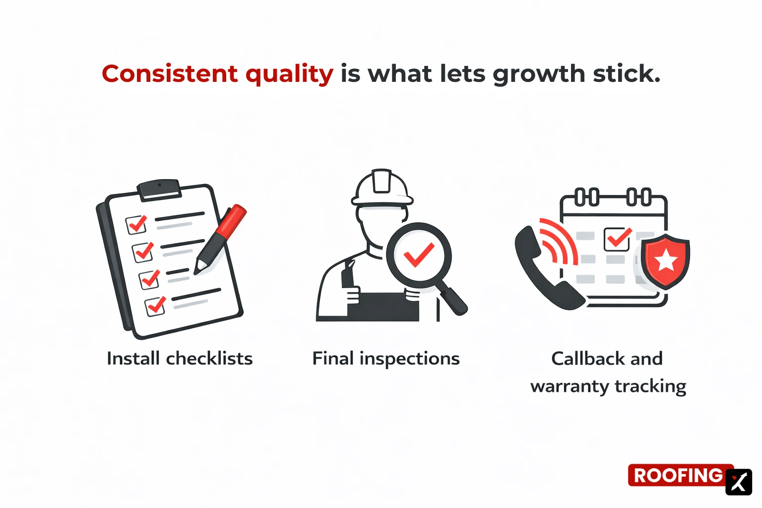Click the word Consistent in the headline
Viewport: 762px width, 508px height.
[x=170, y=74]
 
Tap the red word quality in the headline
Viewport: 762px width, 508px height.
[x=289, y=74]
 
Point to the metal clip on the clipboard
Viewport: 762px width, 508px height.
[x=159, y=189]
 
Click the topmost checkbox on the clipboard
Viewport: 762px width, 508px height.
[x=136, y=224]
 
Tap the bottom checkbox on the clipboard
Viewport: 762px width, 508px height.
[x=155, y=306]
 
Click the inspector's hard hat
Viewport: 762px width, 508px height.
[x=381, y=188]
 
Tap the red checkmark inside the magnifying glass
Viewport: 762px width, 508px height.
[x=419, y=255]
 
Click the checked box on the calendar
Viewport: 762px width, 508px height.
[x=617, y=239]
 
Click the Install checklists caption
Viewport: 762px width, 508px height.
[x=180, y=358]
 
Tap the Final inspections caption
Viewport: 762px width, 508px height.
[x=385, y=358]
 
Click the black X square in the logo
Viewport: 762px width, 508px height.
[x=738, y=482]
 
